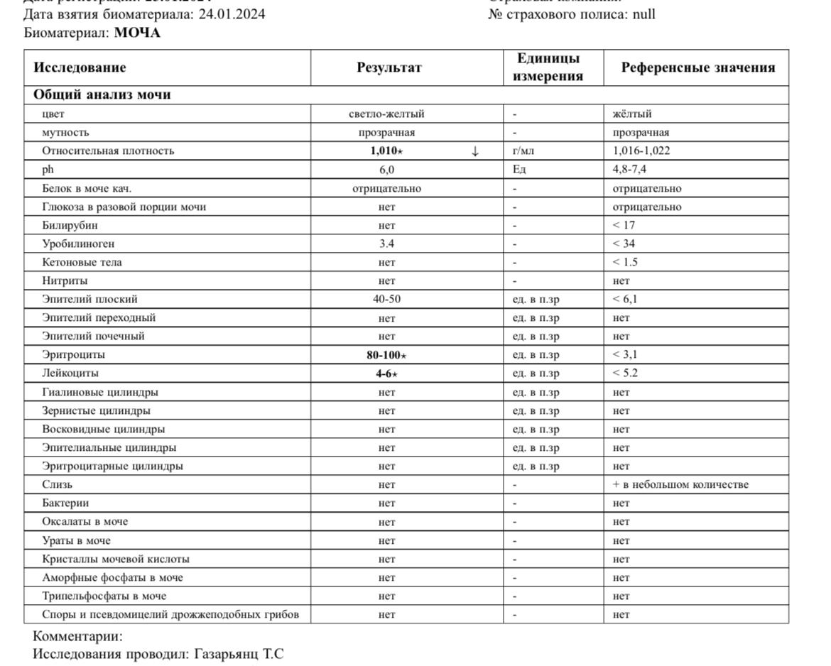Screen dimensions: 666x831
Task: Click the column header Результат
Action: pyautogui.click(x=389, y=67)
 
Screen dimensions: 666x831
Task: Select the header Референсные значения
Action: pyautogui.click(x=697, y=67)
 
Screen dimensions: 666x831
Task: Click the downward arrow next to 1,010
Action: pyautogui.click(x=475, y=151)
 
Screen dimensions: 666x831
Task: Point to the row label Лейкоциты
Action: pyautogui.click(x=70, y=373)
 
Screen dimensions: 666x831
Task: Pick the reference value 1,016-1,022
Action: pyautogui.click(x=641, y=151)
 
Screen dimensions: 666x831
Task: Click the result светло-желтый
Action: pyautogui.click(x=386, y=114)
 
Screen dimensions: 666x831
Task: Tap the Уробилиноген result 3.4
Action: pyautogui.click(x=386, y=244)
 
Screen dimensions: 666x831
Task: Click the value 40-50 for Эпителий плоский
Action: pyautogui.click(x=386, y=299)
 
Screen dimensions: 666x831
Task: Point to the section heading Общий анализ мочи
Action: pyautogui.click(x=102, y=94)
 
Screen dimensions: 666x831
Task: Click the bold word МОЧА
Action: pyautogui.click(x=137, y=33)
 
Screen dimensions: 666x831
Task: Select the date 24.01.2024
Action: pyautogui.click(x=232, y=14)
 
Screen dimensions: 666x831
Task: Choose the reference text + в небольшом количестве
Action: pyautogui.click(x=680, y=485)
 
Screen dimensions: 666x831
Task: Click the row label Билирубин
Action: pyautogui.click(x=70, y=225)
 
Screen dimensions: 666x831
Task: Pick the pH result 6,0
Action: pyautogui.click(x=386, y=170)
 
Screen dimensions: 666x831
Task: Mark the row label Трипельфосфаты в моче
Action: pyautogui.click(x=104, y=596)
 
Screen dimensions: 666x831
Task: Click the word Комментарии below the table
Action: pyautogui.click(x=77, y=636)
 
